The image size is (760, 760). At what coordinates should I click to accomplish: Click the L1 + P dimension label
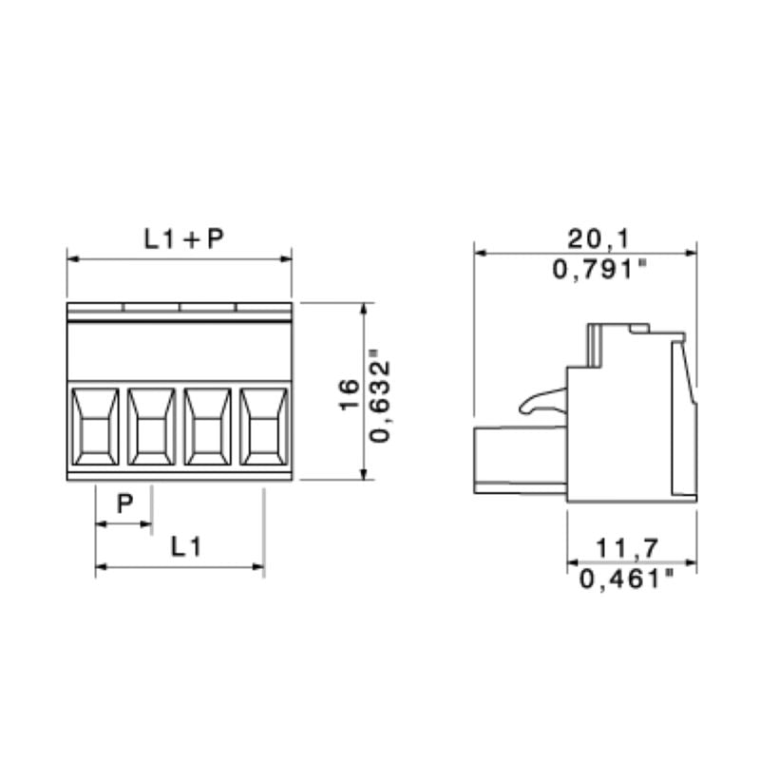[x=184, y=238]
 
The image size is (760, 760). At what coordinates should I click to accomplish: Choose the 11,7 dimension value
[x=628, y=547]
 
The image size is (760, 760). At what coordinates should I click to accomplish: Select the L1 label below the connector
[x=186, y=547]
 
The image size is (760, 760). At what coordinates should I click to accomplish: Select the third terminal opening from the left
[x=207, y=428]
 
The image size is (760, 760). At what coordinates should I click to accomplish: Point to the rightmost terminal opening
[x=263, y=428]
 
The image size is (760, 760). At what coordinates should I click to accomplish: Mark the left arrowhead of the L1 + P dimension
[x=71, y=256]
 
